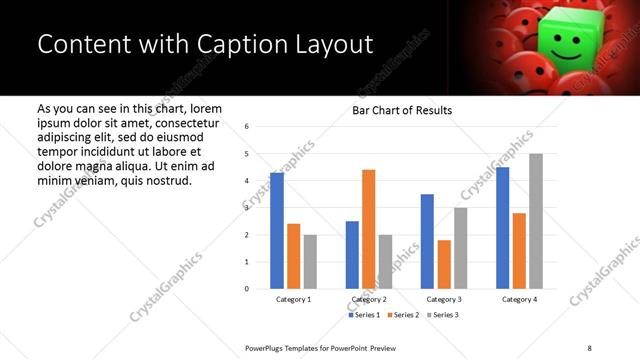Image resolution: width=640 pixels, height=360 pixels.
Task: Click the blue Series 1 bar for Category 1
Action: tap(277, 231)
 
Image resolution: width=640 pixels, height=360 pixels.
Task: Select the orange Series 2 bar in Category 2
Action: tap(368, 229)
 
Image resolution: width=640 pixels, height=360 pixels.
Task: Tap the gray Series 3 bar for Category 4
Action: tap(535, 221)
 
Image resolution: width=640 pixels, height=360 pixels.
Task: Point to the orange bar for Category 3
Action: tap(444, 264)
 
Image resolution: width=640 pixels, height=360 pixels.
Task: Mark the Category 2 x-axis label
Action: tap(368, 299)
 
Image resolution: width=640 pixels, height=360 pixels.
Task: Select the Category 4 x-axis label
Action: tap(519, 299)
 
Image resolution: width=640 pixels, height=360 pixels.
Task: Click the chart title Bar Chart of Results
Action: tap(402, 110)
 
